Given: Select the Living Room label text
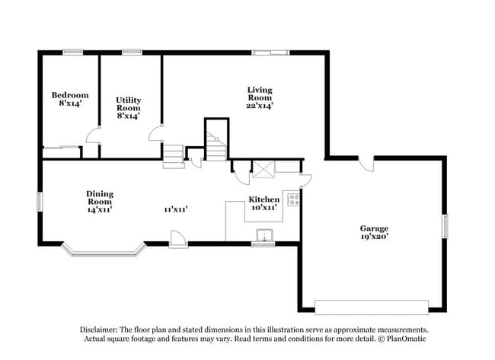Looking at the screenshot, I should click(260, 90).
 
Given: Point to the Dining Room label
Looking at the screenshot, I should click(100, 194).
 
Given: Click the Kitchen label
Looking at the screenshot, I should click(264, 199).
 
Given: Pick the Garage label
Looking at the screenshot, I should click(374, 228).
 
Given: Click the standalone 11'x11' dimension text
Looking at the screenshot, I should click(175, 209).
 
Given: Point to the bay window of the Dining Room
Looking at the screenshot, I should click(103, 250).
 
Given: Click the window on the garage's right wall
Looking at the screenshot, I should click(446, 228).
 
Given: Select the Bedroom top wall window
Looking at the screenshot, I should click(72, 52).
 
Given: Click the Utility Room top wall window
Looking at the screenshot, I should click(132, 52).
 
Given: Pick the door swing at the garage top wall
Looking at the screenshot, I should click(366, 164).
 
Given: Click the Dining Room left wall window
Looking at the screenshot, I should click(40, 202).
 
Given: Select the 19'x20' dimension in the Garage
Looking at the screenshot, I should click(374, 238).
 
